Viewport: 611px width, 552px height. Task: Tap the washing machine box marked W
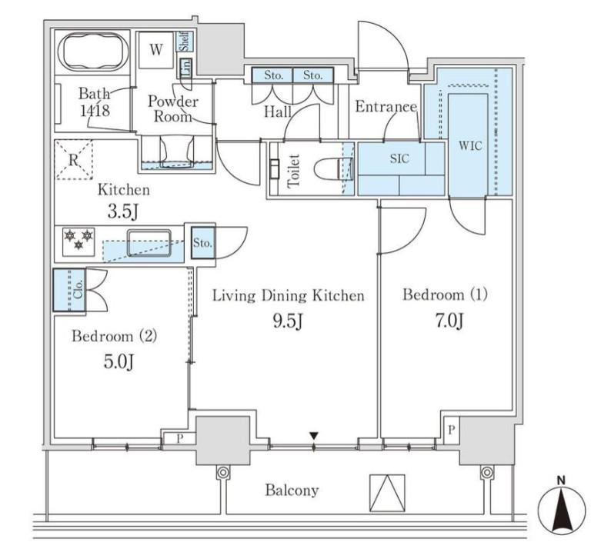point(156,49)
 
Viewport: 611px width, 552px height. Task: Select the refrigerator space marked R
point(74,160)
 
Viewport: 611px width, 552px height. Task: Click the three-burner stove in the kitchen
point(78,241)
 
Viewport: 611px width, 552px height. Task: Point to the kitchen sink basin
point(149,243)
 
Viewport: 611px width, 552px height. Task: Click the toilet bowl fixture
point(332,169)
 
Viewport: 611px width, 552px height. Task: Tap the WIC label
point(470,146)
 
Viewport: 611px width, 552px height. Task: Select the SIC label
point(399,158)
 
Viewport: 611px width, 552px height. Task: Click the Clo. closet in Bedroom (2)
point(69,290)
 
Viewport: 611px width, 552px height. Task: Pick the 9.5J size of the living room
point(288,321)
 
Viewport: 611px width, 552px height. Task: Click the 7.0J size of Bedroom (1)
point(449,321)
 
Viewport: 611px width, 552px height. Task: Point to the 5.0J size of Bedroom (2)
point(119,361)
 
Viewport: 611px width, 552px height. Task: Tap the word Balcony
point(292,490)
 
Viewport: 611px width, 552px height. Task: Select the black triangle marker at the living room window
point(314,436)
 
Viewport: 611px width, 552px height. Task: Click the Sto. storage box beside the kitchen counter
point(202,243)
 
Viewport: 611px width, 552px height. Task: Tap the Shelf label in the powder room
point(185,42)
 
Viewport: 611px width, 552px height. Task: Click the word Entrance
point(386,107)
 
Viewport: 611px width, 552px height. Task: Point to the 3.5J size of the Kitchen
point(123,212)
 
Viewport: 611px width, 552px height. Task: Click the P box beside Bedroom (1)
point(451,431)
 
